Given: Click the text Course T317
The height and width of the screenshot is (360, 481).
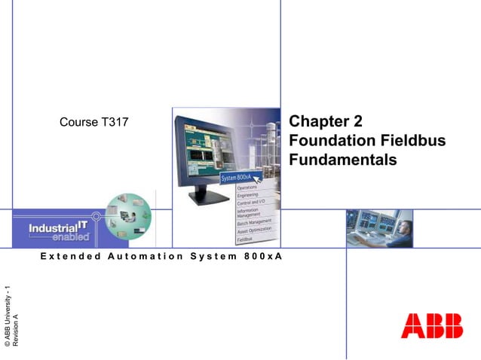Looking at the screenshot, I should pyautogui.click(x=89, y=124).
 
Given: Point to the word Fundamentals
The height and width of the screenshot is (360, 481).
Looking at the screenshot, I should pyautogui.click(x=342, y=160).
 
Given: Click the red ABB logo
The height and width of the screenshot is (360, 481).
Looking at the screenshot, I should pyautogui.click(x=431, y=325).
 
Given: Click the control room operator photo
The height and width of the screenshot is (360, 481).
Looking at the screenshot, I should pyautogui.click(x=379, y=228).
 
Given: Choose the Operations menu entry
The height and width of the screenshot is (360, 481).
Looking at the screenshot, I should pyautogui.click(x=247, y=187).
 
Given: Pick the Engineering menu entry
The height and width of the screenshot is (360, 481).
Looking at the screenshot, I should pyautogui.click(x=248, y=195).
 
